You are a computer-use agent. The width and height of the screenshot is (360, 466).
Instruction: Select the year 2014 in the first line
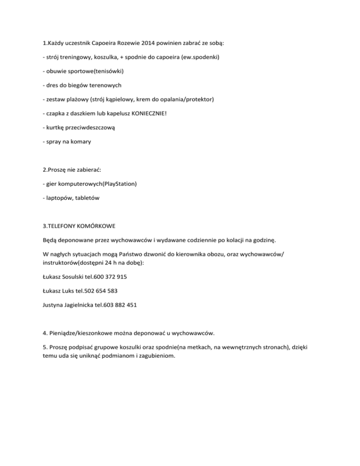pos(154,43)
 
